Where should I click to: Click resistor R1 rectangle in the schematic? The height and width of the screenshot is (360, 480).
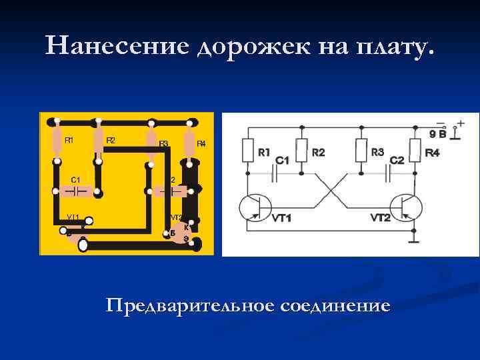[247, 150]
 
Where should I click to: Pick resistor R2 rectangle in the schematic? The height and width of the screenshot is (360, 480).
[301, 150]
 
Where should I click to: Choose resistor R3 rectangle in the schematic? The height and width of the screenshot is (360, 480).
[361, 150]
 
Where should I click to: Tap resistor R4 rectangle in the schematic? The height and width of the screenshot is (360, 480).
[415, 150]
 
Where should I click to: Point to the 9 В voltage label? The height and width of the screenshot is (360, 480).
[438, 134]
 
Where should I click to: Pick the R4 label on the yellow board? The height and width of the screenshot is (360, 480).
[201, 143]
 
